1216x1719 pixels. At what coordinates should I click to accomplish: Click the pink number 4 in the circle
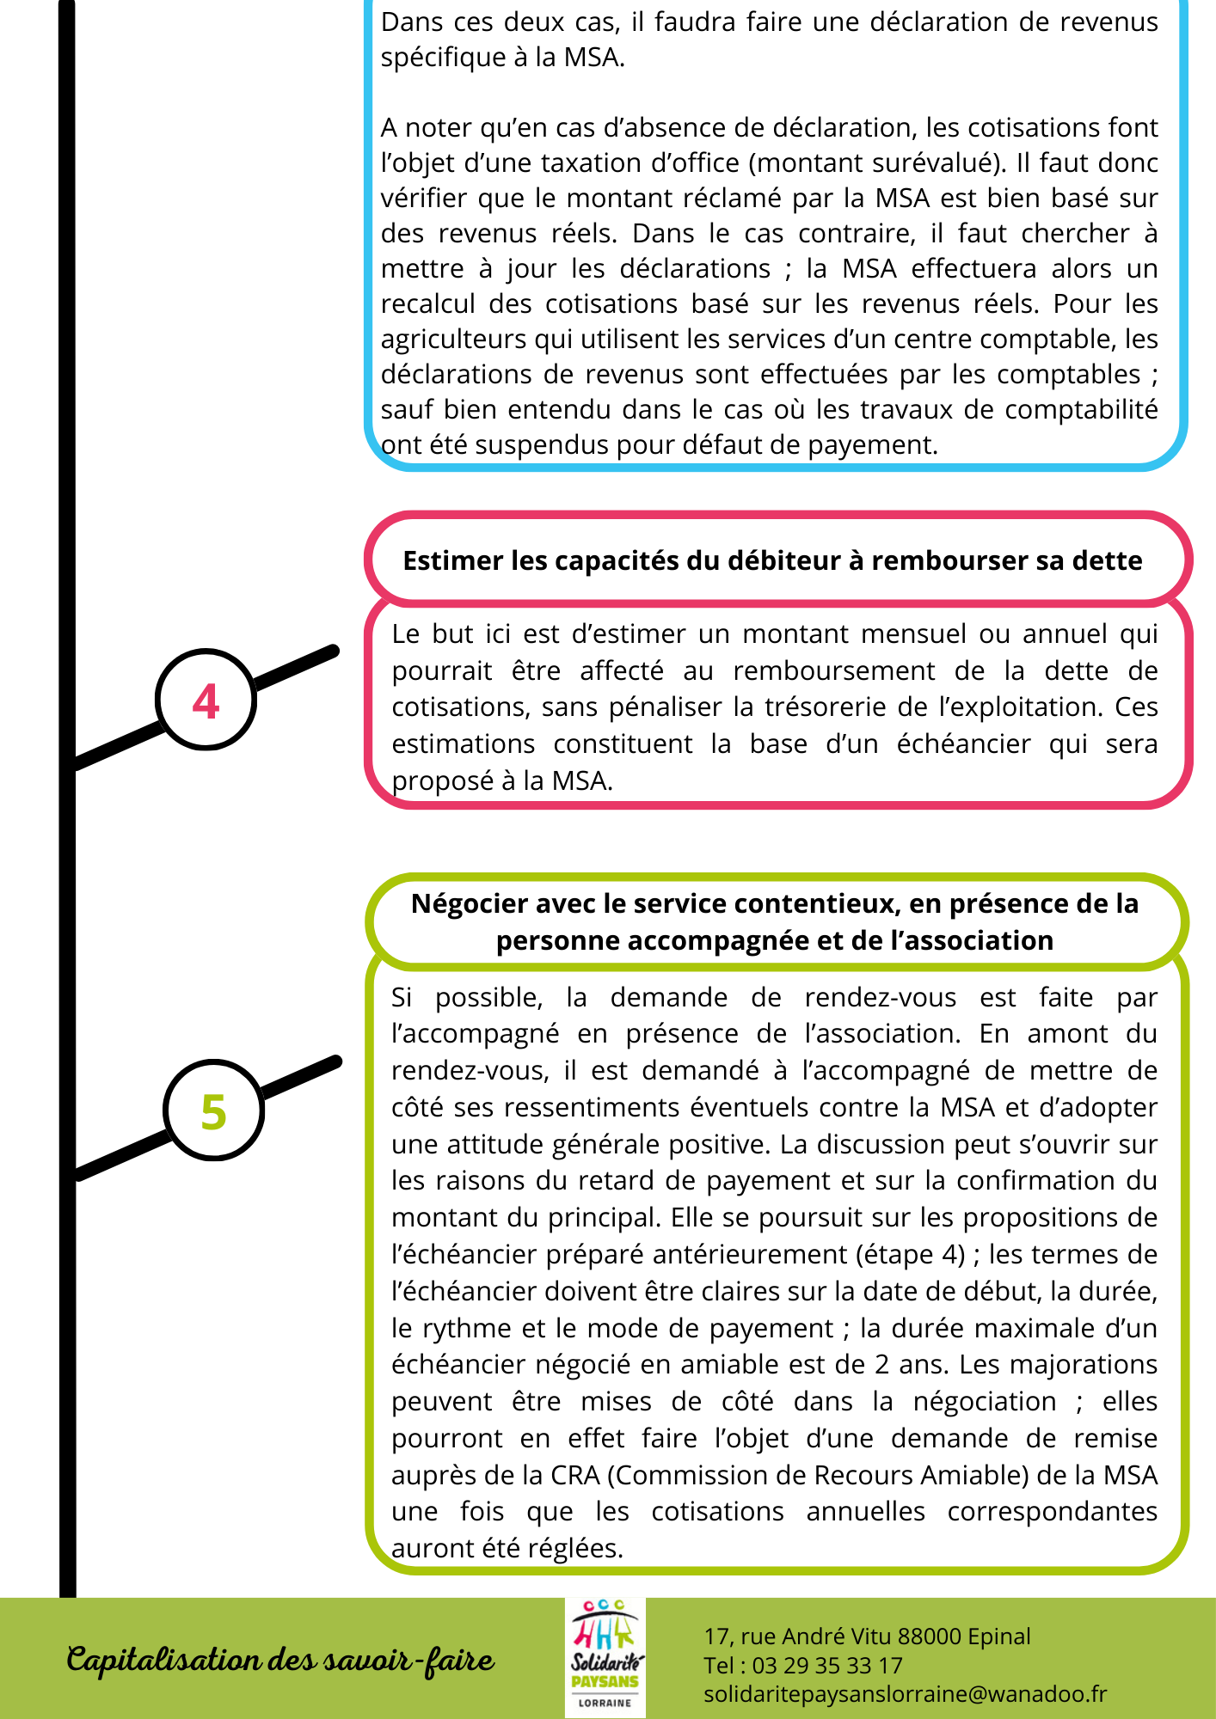(206, 701)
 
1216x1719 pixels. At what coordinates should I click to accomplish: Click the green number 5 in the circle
(213, 1111)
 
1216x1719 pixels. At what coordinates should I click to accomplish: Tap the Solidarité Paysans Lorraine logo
(605, 1658)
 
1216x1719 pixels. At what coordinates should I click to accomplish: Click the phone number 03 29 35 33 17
(827, 1666)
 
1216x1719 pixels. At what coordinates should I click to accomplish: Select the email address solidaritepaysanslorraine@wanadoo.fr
(905, 1694)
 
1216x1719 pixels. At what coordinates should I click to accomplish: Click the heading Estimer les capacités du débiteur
(772, 560)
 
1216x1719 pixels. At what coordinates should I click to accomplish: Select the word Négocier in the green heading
(470, 903)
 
